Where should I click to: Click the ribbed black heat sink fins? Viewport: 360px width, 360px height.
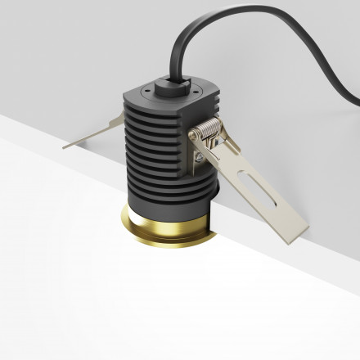coord(155,155)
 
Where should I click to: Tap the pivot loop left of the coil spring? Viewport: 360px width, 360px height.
coord(194,136)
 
